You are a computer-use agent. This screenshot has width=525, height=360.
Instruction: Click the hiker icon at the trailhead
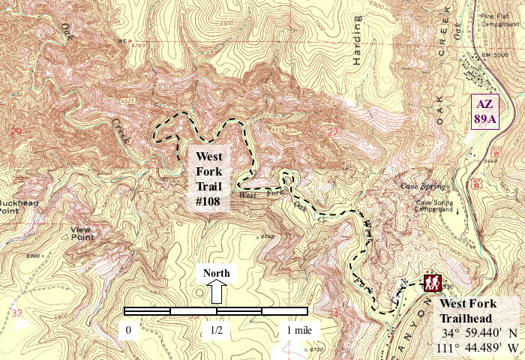tap(431, 283)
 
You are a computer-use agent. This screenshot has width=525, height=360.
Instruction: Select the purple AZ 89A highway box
tap(484, 112)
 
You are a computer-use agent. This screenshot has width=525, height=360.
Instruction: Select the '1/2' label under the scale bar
tap(216, 329)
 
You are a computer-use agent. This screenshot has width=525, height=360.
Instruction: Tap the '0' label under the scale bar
tap(129, 329)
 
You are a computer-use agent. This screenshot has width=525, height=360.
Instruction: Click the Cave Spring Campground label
tap(436, 206)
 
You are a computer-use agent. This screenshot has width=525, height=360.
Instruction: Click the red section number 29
tap(16, 132)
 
